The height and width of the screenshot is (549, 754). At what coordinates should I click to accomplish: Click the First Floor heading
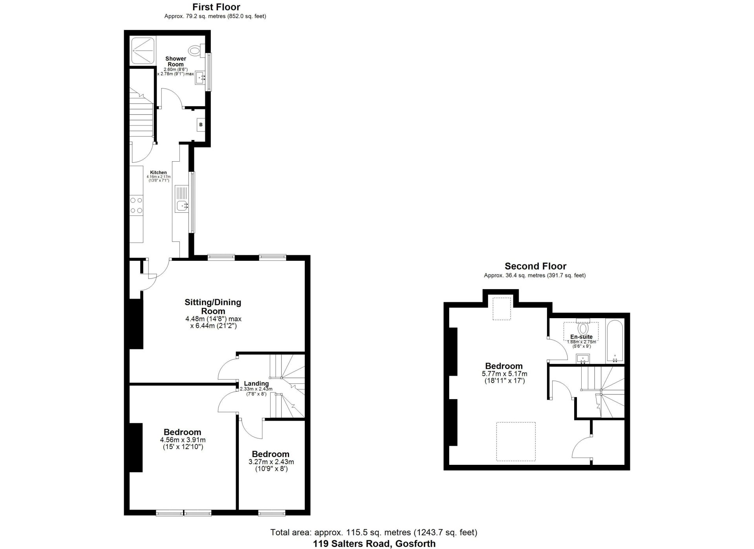[x=216, y=7]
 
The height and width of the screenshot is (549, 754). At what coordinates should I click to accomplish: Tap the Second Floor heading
[x=535, y=266]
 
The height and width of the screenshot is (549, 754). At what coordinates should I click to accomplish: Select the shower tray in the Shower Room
[x=143, y=50]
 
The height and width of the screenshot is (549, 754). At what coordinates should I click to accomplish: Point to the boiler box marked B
[x=201, y=125]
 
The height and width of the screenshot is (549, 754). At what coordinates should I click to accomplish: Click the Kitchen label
[x=158, y=172]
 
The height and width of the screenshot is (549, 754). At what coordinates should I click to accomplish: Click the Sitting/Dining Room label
[x=213, y=307]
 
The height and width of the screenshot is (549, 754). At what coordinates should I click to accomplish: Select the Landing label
[x=256, y=383]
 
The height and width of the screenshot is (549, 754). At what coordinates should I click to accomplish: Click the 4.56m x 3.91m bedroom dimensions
[x=183, y=443]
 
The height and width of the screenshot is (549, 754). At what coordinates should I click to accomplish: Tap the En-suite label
[x=582, y=337]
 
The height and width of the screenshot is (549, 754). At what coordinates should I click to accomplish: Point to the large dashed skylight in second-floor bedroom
[x=516, y=441]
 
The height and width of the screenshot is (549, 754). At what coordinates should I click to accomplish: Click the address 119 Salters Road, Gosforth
[x=374, y=544]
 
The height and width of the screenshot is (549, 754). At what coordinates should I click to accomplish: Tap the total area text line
[x=373, y=532]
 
